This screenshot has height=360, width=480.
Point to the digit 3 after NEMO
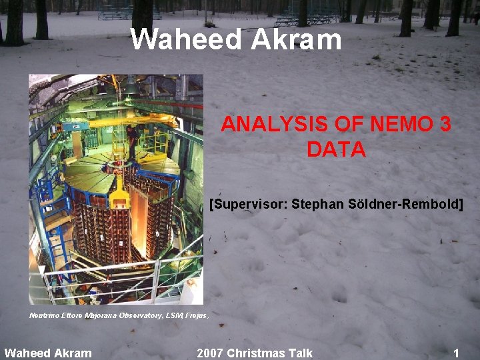[x=445, y=124]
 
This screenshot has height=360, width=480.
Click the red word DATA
[x=336, y=149]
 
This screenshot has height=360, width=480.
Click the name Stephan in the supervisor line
[x=319, y=203]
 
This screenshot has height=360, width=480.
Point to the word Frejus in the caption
[x=196, y=315]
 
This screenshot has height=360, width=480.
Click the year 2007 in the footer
[x=211, y=353]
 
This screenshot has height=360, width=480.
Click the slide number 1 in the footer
[x=456, y=353]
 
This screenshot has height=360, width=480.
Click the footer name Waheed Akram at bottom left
[x=48, y=353]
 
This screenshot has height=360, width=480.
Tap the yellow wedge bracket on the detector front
[x=119, y=193]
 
